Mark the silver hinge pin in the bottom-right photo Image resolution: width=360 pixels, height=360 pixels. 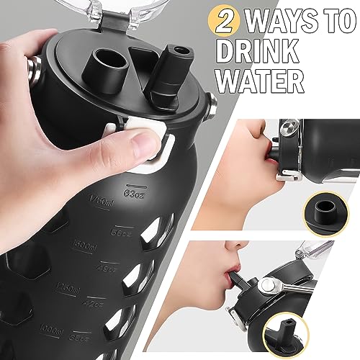pos(288,287)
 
